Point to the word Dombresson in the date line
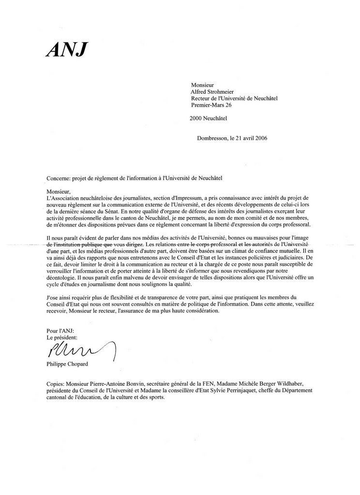point(212,138)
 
